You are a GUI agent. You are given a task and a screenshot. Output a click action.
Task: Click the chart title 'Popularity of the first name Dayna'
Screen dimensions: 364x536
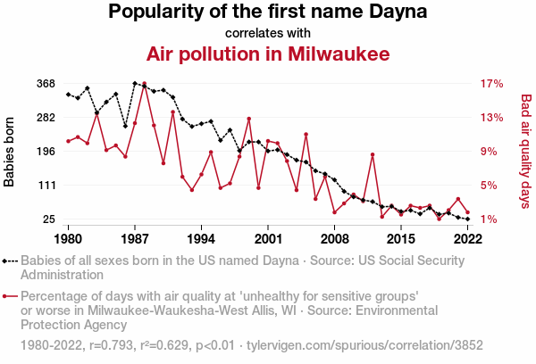pyautogui.click(x=268, y=12)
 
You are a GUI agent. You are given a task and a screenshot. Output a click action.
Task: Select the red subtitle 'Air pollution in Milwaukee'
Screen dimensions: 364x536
pyautogui.click(x=268, y=54)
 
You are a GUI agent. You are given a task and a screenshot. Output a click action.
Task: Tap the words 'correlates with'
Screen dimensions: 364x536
pyautogui.click(x=268, y=33)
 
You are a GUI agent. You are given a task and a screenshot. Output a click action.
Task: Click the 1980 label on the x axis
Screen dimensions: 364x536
pyautogui.click(x=68, y=239)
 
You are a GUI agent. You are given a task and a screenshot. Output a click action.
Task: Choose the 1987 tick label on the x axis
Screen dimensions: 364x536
pyautogui.click(x=135, y=239)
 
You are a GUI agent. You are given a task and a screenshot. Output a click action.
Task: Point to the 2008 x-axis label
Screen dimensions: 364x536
pyautogui.click(x=334, y=239)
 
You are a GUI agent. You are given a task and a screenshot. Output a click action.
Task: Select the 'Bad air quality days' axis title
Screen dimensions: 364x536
pyautogui.click(x=526, y=152)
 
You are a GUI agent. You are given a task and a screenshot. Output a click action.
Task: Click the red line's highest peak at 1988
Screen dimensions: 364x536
pyautogui.click(x=145, y=84)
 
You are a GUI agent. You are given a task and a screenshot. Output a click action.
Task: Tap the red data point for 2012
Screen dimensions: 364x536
pyautogui.click(x=373, y=155)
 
